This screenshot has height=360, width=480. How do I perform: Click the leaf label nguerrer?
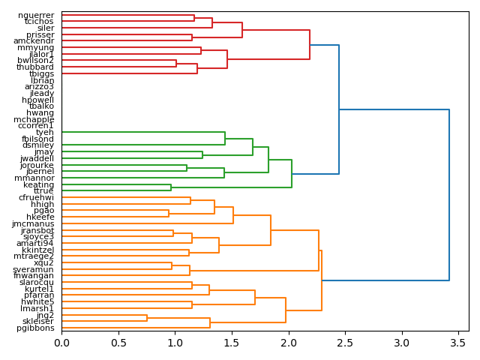(x=36, y=15)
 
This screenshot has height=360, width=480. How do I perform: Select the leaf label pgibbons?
(x=35, y=328)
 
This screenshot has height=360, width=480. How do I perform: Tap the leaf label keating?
(x=39, y=184)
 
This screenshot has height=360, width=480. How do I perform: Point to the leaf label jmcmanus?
(x=33, y=223)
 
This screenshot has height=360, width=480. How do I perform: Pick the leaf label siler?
(x=46, y=28)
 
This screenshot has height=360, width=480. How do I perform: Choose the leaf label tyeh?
(x=45, y=132)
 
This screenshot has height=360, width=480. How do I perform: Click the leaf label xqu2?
(x=44, y=262)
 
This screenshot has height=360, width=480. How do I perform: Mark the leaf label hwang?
(x=40, y=112)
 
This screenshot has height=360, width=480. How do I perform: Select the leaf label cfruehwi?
(x=36, y=197)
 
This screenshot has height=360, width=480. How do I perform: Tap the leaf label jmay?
(x=44, y=151)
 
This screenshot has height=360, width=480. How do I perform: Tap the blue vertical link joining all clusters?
(x=449, y=195)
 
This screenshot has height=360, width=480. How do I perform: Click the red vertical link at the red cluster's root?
(x=310, y=45)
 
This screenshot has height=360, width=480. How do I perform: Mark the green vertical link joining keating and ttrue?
(x=171, y=187)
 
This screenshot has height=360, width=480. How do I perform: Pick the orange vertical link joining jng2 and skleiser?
(x=147, y=318)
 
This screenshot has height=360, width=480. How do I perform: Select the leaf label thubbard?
(x=35, y=67)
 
